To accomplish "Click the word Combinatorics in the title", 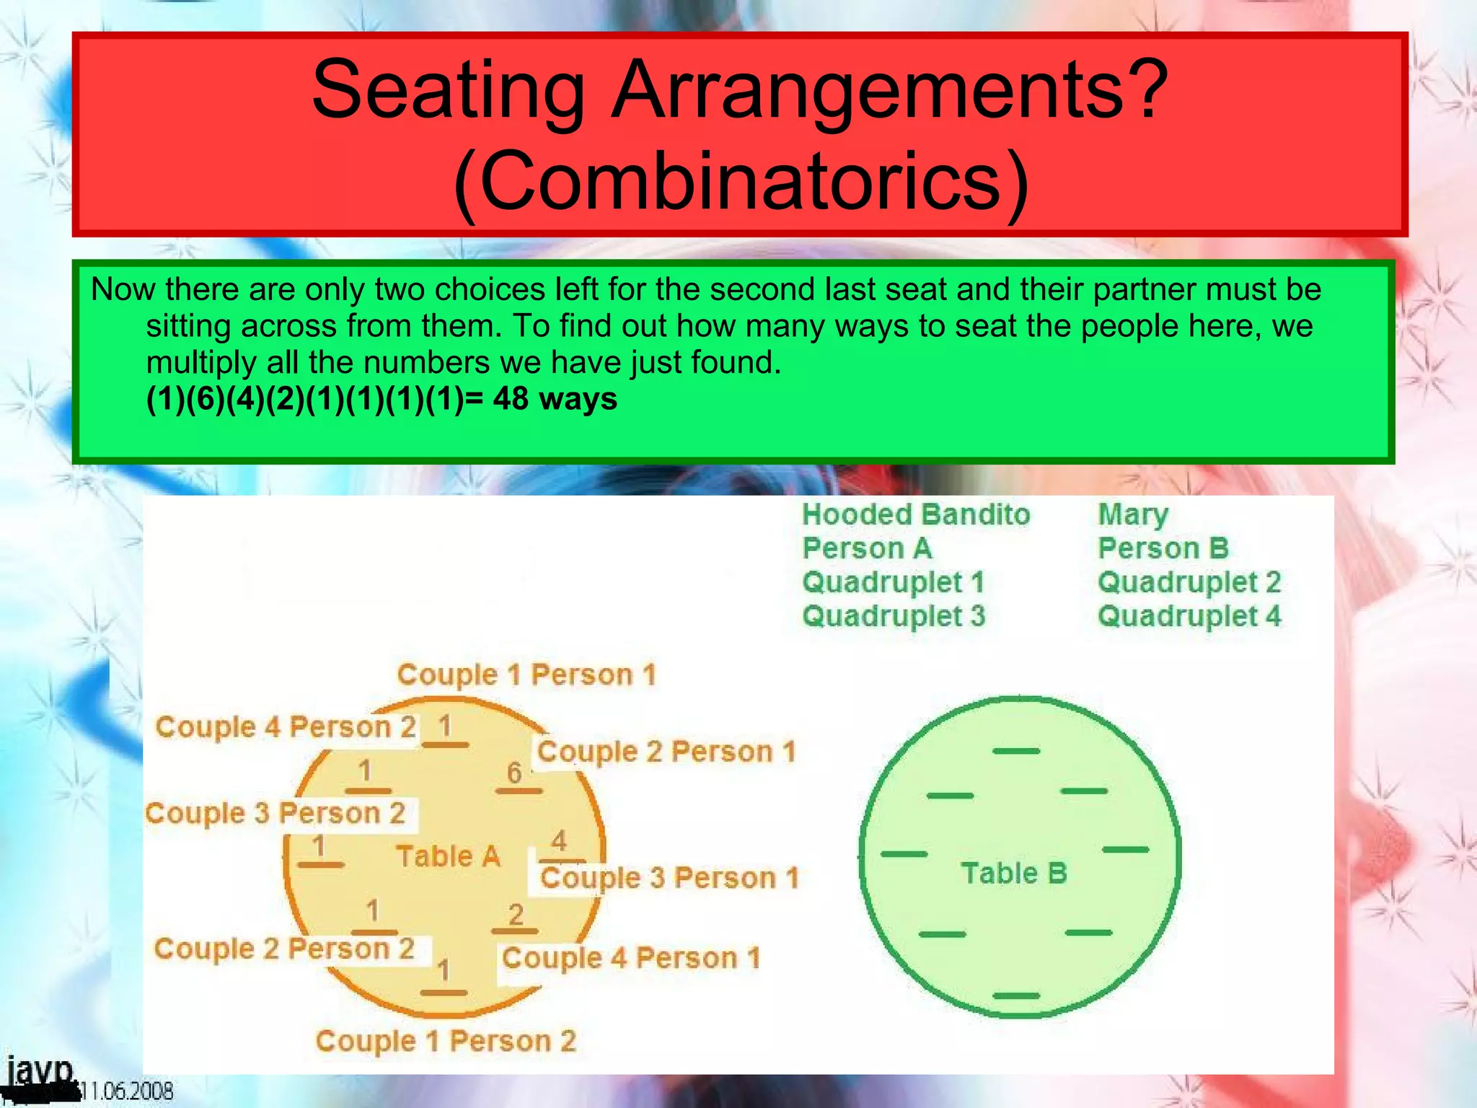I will [741, 180].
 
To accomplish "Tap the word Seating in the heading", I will [448, 90].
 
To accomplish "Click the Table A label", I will [448, 856].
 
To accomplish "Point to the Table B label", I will [1013, 873].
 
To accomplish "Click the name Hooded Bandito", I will [916, 514].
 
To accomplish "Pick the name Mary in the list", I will [1132, 514].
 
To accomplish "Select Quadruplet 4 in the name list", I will [1189, 616].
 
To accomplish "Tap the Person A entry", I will [867, 548].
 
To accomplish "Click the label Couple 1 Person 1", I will [526, 674].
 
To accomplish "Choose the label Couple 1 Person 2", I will [446, 1041].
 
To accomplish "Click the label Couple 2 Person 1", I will [666, 752].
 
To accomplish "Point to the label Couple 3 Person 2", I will [275, 813].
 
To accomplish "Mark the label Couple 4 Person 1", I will [631, 958].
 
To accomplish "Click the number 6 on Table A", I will [514, 773].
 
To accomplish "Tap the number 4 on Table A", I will [559, 840].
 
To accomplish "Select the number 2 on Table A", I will [516, 915].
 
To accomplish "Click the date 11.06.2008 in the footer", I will [126, 1091].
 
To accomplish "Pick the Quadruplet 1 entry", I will [893, 582].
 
